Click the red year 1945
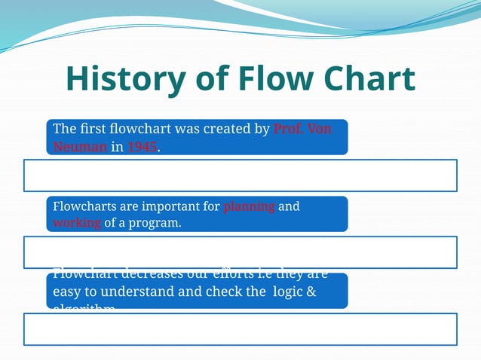pyautogui.click(x=142, y=148)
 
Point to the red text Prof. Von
pyautogui.click(x=302, y=129)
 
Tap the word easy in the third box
pyautogui.click(x=66, y=291)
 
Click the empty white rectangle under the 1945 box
pyautogui.click(x=240, y=175)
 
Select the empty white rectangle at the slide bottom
pyautogui.click(x=240, y=329)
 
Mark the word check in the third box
pyautogui.click(x=225, y=291)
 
